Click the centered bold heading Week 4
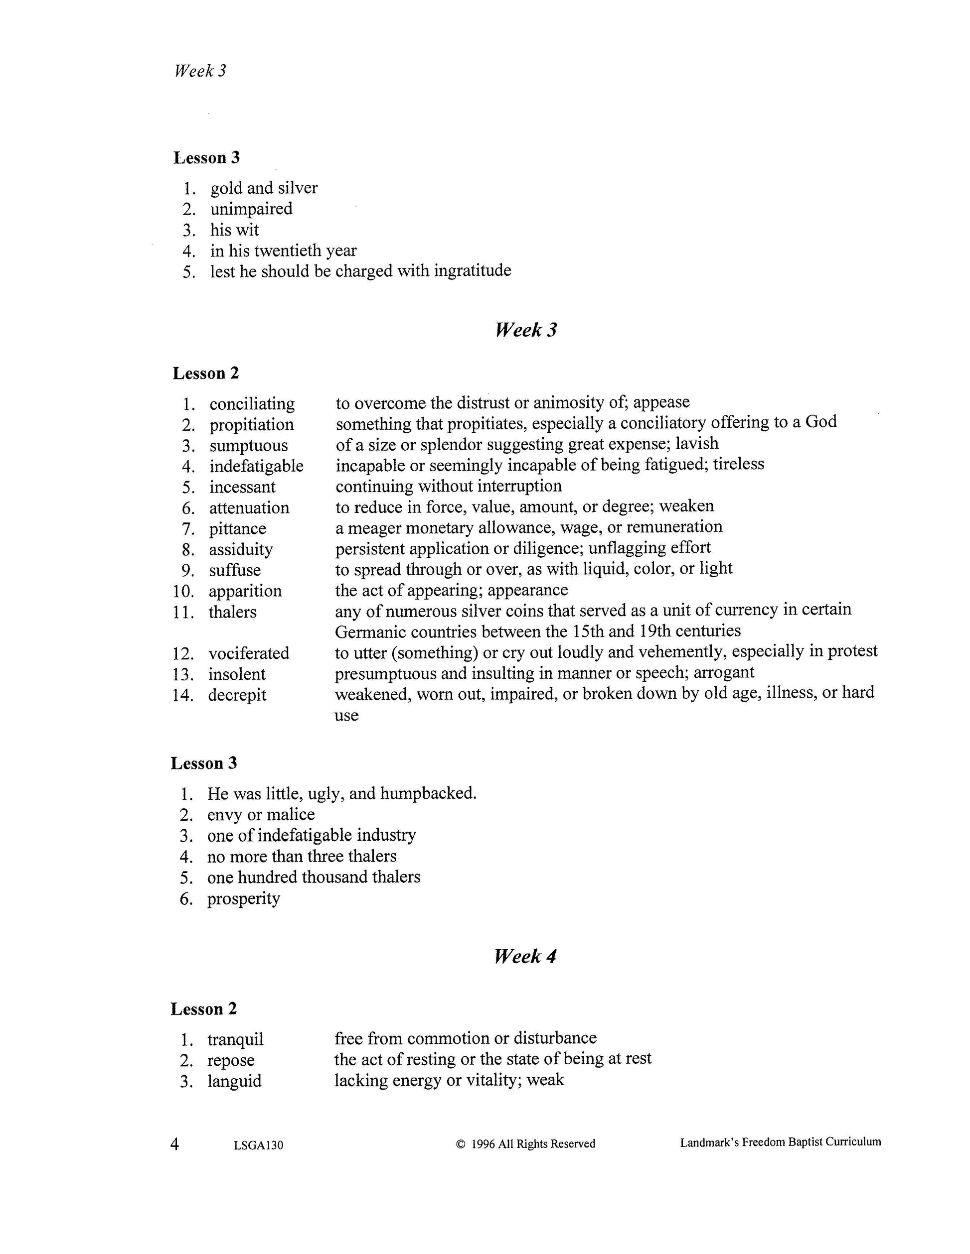click(x=525, y=956)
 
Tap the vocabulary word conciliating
click(x=252, y=404)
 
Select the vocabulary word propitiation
click(x=251, y=425)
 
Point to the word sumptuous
click(x=248, y=446)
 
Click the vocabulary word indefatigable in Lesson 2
click(x=256, y=466)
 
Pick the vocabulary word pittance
click(x=237, y=528)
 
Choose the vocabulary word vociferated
click(x=249, y=653)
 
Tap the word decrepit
click(x=237, y=695)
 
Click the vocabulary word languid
click(x=234, y=1081)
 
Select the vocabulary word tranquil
click(x=235, y=1039)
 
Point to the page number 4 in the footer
click(x=174, y=1144)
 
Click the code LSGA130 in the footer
click(x=259, y=1145)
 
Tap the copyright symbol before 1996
click(x=460, y=1144)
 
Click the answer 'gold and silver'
click(x=264, y=188)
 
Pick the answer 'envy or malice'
click(x=261, y=815)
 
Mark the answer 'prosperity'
click(x=244, y=898)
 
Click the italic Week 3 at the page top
click(x=200, y=71)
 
